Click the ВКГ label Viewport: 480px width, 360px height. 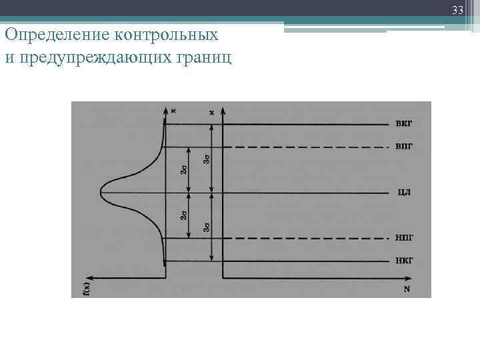[404, 124]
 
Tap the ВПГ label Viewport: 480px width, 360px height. [404, 147]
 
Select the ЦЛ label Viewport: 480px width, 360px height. [404, 193]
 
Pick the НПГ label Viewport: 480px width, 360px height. [404, 237]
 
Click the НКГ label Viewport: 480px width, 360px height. [404, 261]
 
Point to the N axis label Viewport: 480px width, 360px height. [406, 289]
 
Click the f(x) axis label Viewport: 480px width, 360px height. [86, 287]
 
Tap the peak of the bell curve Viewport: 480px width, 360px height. [101, 193]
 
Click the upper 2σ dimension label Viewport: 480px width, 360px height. [183, 170]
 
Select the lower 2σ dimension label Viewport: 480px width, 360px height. [183, 215]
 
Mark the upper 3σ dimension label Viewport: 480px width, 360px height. [207, 159]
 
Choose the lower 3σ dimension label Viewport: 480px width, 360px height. [207, 227]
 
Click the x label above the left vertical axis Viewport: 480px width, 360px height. [173, 110]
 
